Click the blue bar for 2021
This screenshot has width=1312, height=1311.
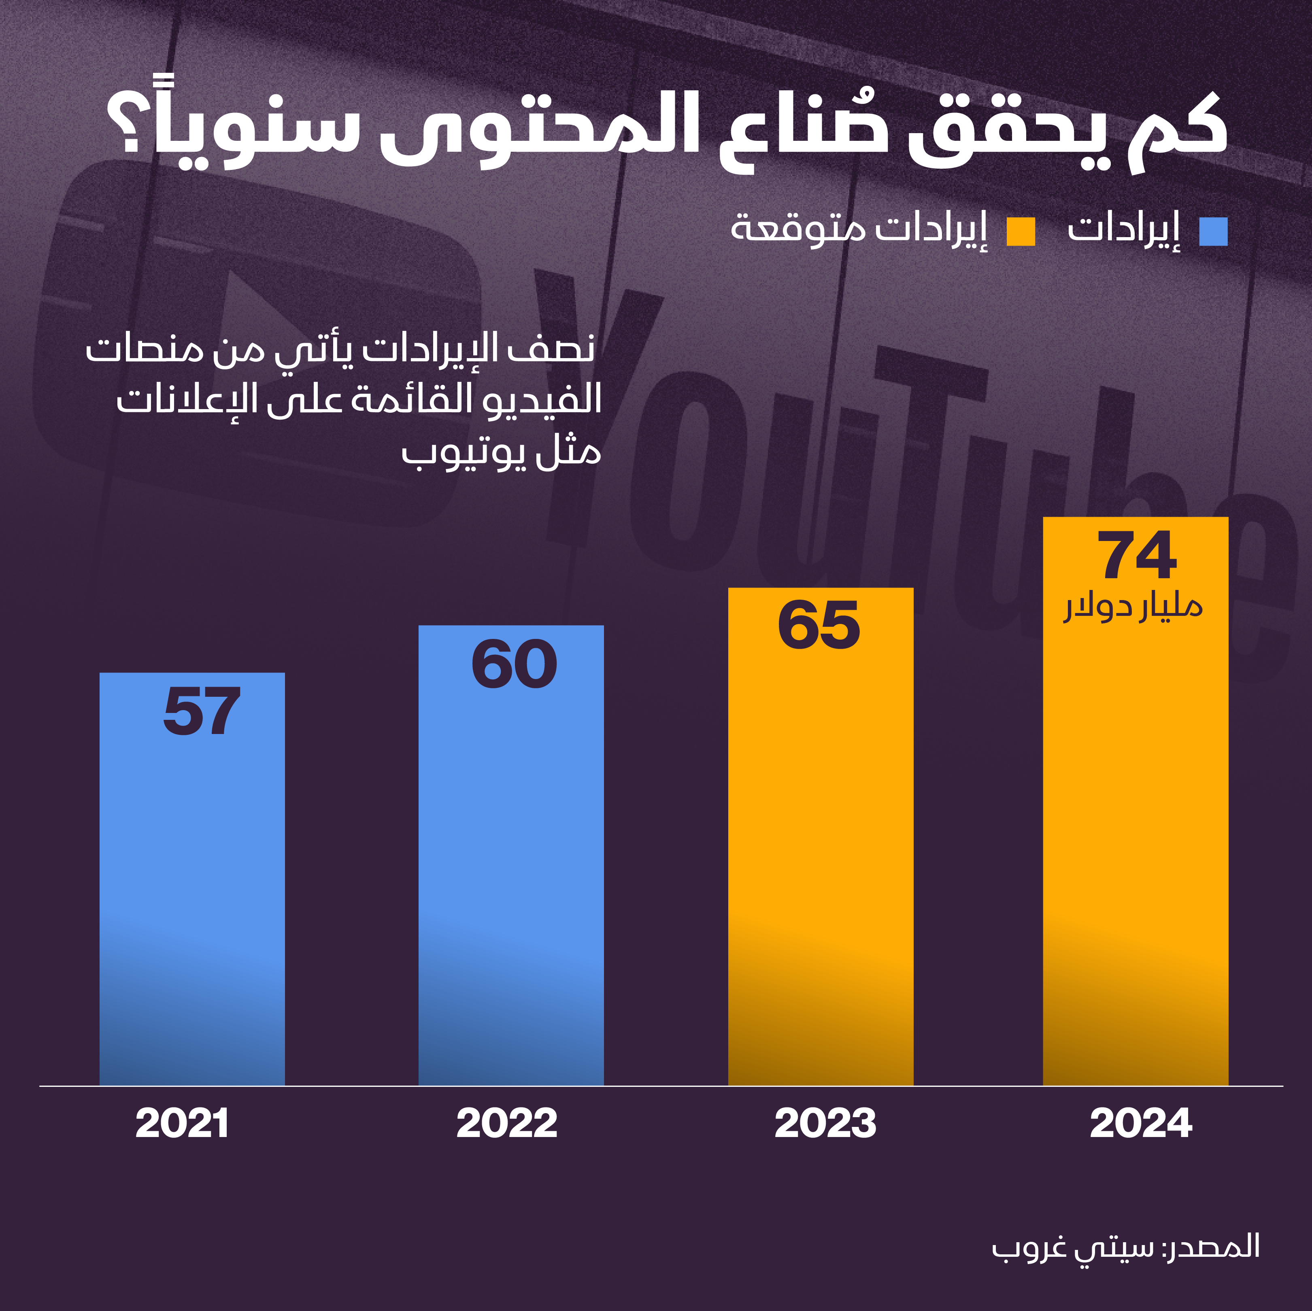tap(192, 882)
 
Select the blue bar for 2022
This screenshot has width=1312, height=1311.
tap(511, 862)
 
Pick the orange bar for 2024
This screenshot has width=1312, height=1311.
tap(1136, 815)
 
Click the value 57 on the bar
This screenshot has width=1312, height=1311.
tap(202, 711)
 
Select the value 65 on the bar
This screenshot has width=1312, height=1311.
tap(819, 625)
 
